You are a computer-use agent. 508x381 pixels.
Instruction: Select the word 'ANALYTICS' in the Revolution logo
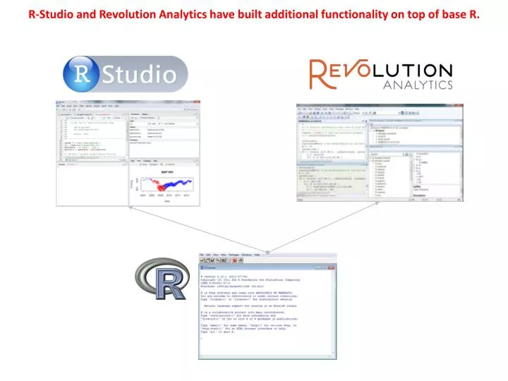(x=417, y=85)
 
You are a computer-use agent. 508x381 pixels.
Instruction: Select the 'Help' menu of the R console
(x=258, y=255)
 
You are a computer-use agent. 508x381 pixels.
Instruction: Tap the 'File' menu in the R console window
(x=202, y=255)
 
